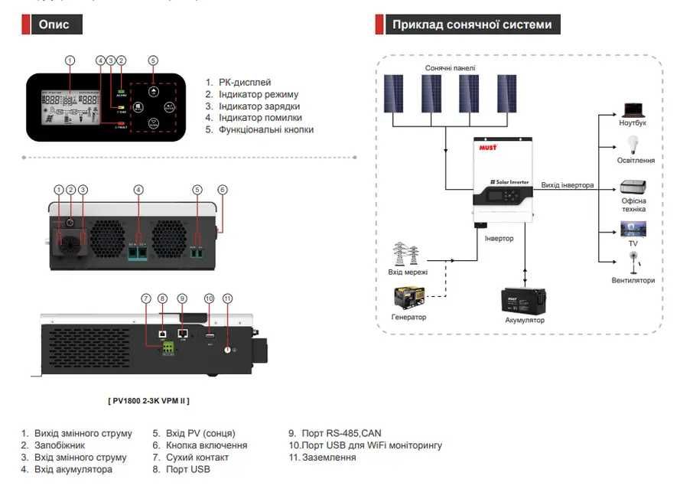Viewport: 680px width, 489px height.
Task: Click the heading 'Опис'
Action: [x=54, y=24]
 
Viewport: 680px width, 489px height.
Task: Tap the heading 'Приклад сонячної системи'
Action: [x=471, y=24]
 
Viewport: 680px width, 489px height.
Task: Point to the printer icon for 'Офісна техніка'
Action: [x=633, y=187]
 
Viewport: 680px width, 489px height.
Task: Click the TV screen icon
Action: [x=633, y=228]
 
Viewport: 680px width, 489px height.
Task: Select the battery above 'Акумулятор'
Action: [x=524, y=300]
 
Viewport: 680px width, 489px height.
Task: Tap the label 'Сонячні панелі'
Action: [x=451, y=68]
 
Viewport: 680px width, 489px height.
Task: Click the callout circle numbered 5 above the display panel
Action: [x=153, y=60]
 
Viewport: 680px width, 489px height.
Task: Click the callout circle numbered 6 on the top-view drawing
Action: [x=223, y=189]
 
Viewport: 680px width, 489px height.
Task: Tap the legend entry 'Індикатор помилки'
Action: [x=259, y=118]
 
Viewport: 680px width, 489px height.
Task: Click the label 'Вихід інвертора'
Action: [x=568, y=185]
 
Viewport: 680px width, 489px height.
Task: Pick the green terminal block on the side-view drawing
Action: [x=167, y=348]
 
